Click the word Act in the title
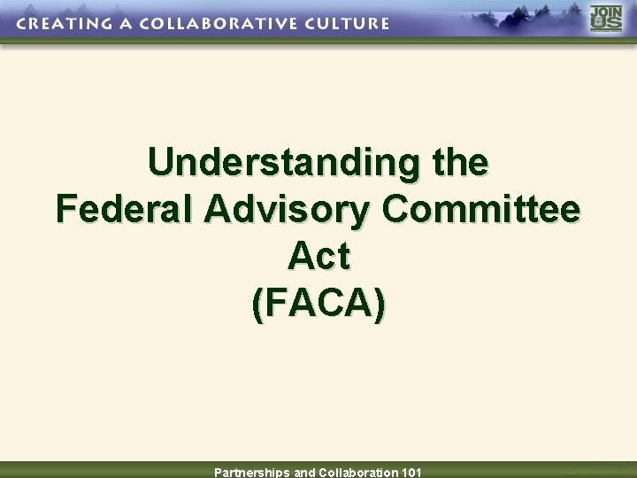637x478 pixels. [x=318, y=257]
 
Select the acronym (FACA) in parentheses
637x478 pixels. [x=318, y=304]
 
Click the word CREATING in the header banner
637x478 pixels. [x=59, y=23]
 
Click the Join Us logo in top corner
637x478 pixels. [x=607, y=19]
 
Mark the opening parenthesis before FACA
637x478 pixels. [x=257, y=304]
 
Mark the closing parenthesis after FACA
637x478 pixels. [x=380, y=304]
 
